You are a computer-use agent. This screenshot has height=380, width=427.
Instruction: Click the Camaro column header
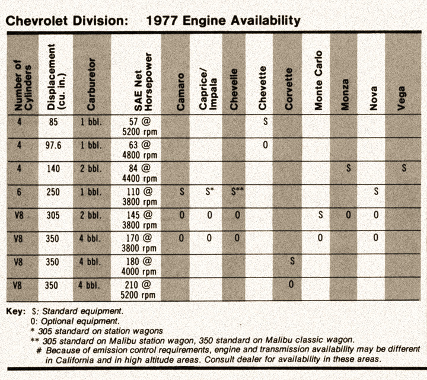(x=180, y=91)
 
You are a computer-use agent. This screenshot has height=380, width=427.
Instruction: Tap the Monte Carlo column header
(x=318, y=80)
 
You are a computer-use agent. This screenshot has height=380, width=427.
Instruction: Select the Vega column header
(x=401, y=98)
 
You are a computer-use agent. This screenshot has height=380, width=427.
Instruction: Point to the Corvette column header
(x=288, y=89)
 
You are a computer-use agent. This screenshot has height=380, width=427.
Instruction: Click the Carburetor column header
(x=91, y=84)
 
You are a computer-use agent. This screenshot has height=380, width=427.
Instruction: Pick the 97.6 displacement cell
(x=53, y=145)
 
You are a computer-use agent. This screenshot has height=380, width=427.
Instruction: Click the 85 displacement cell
(x=53, y=122)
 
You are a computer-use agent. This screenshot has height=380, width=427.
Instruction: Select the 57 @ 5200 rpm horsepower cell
(x=139, y=127)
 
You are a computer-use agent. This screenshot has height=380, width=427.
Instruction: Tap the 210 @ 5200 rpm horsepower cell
(x=138, y=290)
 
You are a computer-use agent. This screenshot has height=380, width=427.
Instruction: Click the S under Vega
(x=404, y=168)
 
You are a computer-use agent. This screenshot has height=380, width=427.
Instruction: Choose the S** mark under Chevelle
(x=237, y=191)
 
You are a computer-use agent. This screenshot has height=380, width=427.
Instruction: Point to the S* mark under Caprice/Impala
(x=209, y=191)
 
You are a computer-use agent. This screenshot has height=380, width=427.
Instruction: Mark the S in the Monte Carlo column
(x=320, y=215)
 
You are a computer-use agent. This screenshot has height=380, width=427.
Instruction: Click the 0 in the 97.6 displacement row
(x=265, y=145)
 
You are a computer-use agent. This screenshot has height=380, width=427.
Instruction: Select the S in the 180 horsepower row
(x=292, y=261)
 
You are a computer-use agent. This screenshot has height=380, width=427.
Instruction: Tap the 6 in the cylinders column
(x=19, y=192)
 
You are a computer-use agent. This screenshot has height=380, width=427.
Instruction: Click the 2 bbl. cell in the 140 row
(x=91, y=169)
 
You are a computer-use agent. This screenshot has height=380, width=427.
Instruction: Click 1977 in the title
(x=162, y=20)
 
